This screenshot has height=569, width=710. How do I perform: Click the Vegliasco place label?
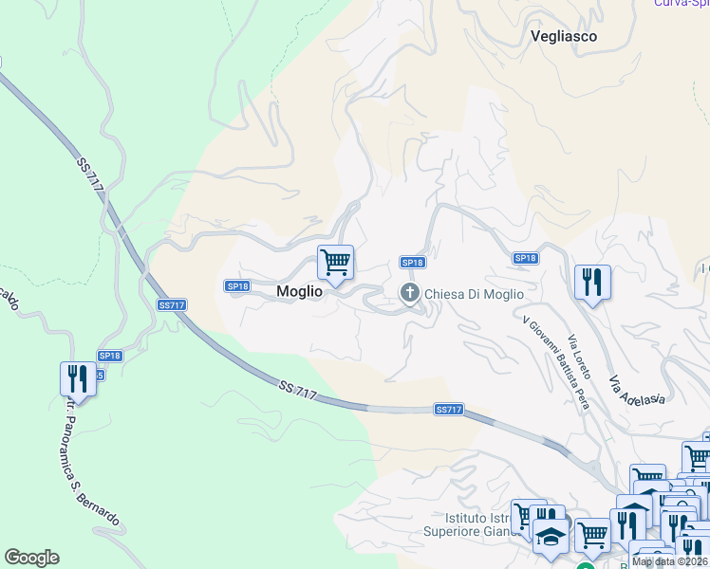[x=563, y=36]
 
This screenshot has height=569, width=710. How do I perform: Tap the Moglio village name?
[x=299, y=293]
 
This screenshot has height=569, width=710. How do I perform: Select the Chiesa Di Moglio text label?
[x=474, y=294]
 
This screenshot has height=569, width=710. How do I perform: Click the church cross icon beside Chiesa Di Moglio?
[x=410, y=293]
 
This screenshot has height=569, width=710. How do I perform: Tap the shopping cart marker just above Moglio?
[x=335, y=263]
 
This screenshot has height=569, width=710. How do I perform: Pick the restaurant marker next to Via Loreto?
[x=591, y=283]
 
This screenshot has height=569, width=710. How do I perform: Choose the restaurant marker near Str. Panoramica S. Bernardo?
[x=78, y=379]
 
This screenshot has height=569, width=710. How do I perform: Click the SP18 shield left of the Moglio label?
[x=237, y=285]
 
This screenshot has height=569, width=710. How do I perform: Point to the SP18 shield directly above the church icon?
[x=412, y=263]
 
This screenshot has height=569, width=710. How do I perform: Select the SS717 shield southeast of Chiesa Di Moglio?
[x=448, y=409]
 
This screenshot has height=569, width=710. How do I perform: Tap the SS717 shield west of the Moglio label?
[x=172, y=304]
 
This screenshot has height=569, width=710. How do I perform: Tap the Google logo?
[x=31, y=558]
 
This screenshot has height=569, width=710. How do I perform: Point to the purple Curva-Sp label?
[x=681, y=3]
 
